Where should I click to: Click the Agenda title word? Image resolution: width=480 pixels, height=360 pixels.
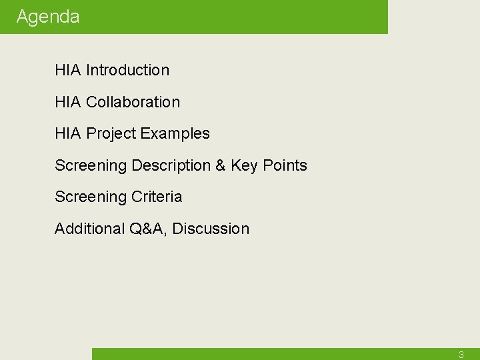coord(47,17)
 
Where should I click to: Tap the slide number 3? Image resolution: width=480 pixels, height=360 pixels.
coord(461,355)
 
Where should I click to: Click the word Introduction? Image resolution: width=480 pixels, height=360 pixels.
coord(127,70)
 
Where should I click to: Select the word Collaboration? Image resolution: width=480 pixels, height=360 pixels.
coord(133,102)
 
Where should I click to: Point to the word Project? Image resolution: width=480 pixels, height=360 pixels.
coord(111,133)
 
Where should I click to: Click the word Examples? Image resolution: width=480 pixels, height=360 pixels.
coord(175,133)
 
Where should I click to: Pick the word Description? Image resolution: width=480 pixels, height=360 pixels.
coord(171,165)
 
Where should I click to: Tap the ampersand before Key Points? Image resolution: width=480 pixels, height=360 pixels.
coord(220,165)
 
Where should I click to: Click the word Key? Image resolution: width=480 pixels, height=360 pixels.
coord(244,165)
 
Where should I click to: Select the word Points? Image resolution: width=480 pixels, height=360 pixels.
coord(285,165)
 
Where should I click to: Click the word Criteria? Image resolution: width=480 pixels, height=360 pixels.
coord(156,197)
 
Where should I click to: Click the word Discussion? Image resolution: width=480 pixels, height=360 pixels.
coord(211,229)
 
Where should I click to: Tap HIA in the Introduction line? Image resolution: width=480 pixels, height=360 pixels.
coord(67,70)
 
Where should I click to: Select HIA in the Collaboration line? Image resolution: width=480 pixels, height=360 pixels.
coord(67,102)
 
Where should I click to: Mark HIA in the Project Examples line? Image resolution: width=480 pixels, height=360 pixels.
coord(67,133)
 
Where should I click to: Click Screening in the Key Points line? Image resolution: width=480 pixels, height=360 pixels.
coord(90,165)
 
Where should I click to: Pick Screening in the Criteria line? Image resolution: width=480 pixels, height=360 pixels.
coord(90,197)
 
